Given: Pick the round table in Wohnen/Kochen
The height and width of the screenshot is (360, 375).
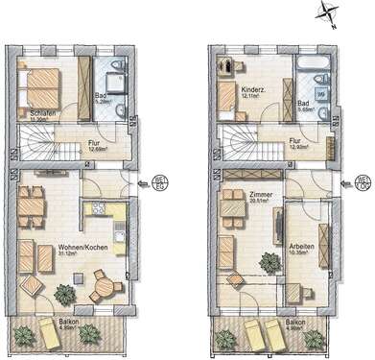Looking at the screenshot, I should tap(104, 284).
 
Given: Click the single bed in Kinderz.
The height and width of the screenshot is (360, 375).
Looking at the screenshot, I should tap(227, 99).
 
